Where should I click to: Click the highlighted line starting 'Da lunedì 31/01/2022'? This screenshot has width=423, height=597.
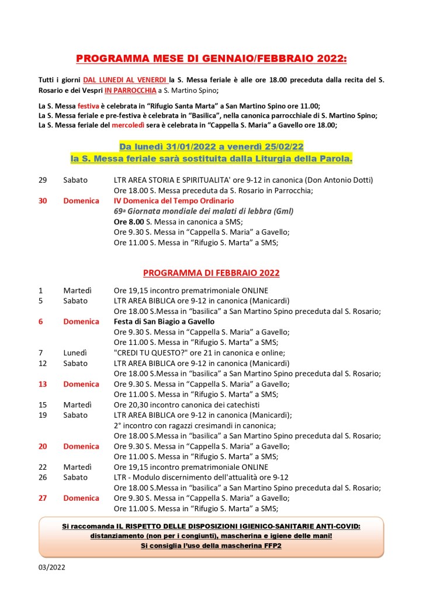tap(211, 146)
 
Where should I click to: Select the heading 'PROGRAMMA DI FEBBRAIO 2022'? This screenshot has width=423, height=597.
tap(211, 273)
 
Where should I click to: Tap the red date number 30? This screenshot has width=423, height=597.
tap(43, 201)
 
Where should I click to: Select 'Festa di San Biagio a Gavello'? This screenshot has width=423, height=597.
tap(164, 322)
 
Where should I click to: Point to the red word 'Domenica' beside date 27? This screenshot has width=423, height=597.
tap(81, 498)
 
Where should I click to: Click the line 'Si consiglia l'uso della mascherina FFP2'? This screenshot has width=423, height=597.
tap(211, 546)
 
